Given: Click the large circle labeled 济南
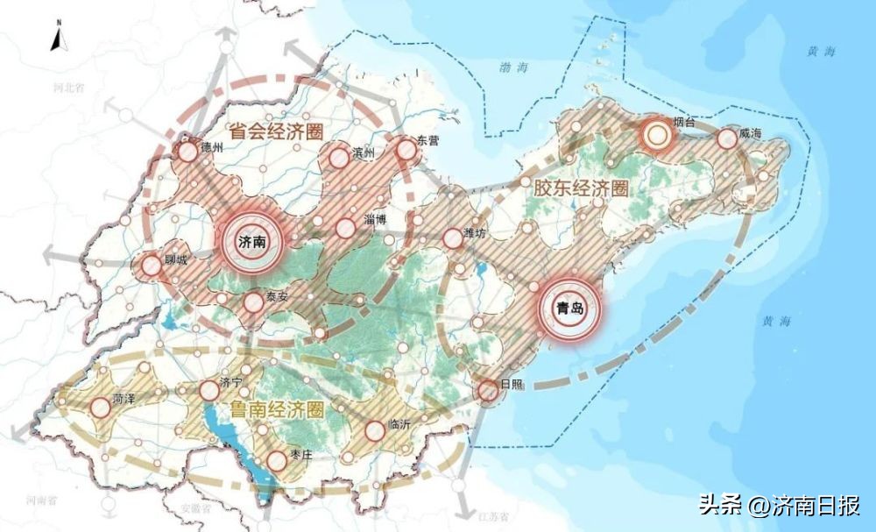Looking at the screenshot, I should click(x=253, y=243).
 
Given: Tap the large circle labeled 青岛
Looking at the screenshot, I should click(x=569, y=309).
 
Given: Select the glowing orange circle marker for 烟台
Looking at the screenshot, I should click(x=654, y=135).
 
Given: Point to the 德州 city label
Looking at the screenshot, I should click(x=213, y=147).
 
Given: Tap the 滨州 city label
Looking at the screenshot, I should click(x=362, y=153).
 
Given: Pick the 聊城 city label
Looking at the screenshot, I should click(x=178, y=260).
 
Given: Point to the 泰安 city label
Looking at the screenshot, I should click(x=277, y=296).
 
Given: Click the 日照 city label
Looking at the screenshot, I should click(x=511, y=386).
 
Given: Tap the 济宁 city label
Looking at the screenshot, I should click(x=230, y=382).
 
